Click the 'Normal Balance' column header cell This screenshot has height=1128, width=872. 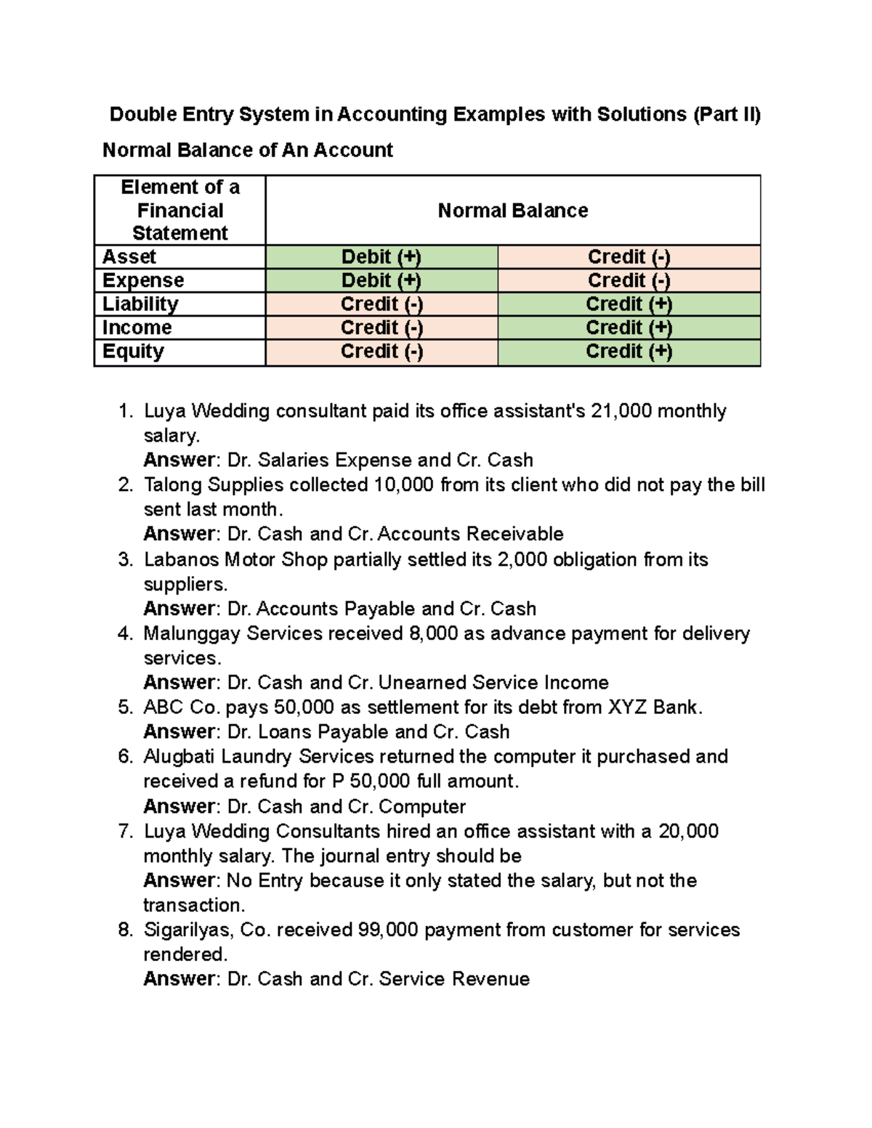pyautogui.click(x=512, y=211)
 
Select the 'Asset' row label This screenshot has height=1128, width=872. pyautogui.click(x=129, y=257)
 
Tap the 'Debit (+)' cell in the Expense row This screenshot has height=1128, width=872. pyautogui.click(x=381, y=280)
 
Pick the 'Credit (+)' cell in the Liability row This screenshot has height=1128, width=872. pyautogui.click(x=629, y=304)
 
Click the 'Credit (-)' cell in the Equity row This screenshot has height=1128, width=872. pyautogui.click(x=381, y=352)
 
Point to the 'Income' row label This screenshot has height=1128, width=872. pyautogui.click(x=137, y=328)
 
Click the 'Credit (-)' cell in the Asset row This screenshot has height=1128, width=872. pyautogui.click(x=629, y=257)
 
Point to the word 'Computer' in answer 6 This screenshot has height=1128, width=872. pyautogui.click(x=422, y=806)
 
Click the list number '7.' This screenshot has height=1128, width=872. pyautogui.click(x=126, y=831)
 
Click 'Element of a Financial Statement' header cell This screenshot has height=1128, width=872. pyautogui.click(x=179, y=211)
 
